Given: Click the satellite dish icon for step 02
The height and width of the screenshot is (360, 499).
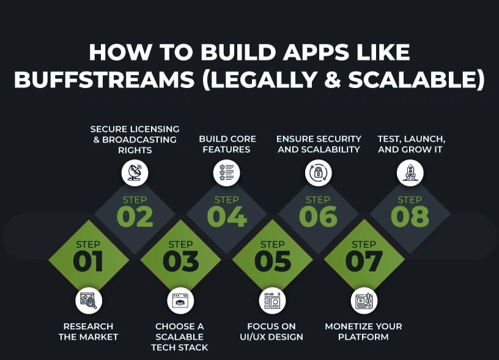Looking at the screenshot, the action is coord(135,172).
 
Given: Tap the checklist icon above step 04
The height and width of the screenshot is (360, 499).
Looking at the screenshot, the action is coord(226,172).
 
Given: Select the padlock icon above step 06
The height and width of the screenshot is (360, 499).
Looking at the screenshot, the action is coord(318,172).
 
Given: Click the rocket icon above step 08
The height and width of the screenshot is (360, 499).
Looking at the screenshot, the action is coord(410,172).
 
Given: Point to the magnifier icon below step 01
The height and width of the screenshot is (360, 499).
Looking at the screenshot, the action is coord(89,301).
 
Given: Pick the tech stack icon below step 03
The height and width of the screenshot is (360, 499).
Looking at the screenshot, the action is coord(180,301).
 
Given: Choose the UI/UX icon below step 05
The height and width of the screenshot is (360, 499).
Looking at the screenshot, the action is coord(272,301).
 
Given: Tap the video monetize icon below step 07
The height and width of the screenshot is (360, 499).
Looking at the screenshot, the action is coord(364,301).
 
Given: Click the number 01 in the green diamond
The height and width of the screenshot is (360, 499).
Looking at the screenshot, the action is coord(89,262).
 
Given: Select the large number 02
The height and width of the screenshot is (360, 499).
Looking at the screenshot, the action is coord(135,217).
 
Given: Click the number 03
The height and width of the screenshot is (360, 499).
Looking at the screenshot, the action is coord(180,262).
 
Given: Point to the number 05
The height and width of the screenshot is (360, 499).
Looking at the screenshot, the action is coord(272,262).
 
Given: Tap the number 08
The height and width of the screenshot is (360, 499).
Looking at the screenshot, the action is coord(410,217).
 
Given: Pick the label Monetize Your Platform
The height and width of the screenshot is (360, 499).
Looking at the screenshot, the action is coord(364,331).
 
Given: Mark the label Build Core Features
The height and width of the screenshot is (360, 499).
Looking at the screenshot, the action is coord(227,144).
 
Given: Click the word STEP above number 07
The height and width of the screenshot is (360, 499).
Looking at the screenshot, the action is coord(364,244).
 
